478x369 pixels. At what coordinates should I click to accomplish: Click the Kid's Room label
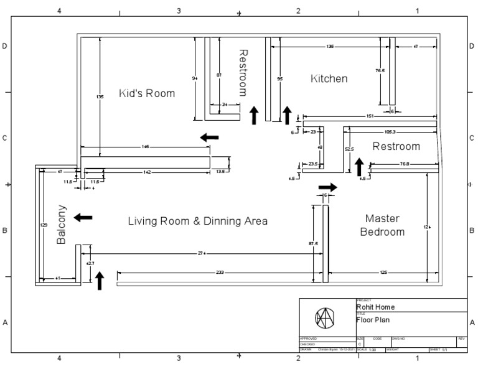(147, 93)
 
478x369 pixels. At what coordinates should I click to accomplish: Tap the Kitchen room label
(329, 78)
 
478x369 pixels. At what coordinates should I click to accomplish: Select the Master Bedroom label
(384, 225)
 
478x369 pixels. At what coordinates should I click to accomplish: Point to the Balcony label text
(62, 224)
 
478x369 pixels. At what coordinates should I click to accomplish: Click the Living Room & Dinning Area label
(197, 221)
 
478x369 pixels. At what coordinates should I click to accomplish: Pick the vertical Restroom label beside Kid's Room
(243, 72)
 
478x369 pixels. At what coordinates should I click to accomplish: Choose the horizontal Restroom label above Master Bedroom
(396, 146)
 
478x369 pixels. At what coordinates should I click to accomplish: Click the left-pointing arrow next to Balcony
(83, 217)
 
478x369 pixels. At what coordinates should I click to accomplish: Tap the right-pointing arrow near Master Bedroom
(327, 187)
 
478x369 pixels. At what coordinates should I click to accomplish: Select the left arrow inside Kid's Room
(210, 137)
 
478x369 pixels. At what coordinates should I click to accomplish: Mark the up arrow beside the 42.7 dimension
(99, 281)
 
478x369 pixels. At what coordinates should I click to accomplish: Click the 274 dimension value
(202, 253)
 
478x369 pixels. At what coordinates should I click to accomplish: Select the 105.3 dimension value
(391, 132)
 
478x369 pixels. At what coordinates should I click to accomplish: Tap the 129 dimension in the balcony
(44, 225)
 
